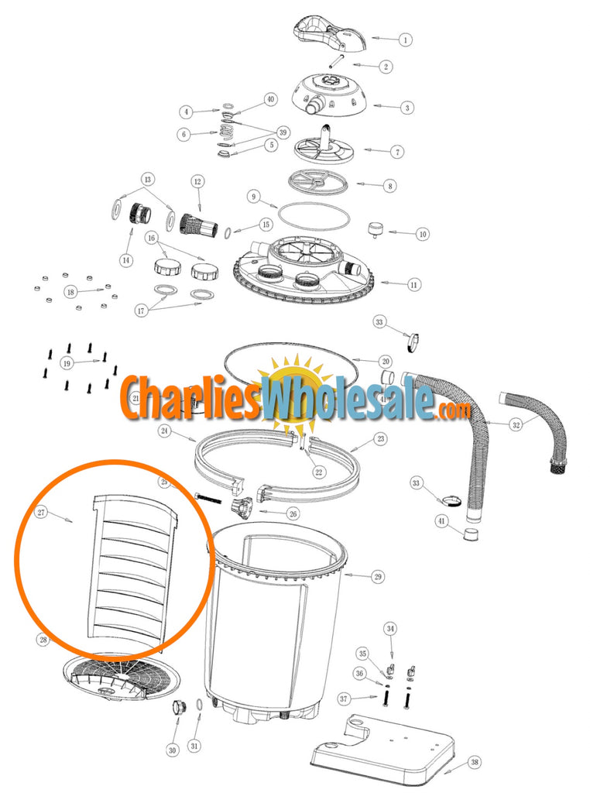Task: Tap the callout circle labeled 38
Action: pyautogui.click(x=475, y=763)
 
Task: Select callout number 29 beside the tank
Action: pyautogui.click(x=378, y=576)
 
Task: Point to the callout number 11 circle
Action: pyautogui.click(x=415, y=284)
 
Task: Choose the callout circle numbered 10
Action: pyautogui.click(x=422, y=233)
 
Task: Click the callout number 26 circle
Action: pyautogui.click(x=292, y=512)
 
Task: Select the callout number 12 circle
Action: pyautogui.click(x=197, y=181)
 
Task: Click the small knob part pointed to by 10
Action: pyautogui.click(x=376, y=229)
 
